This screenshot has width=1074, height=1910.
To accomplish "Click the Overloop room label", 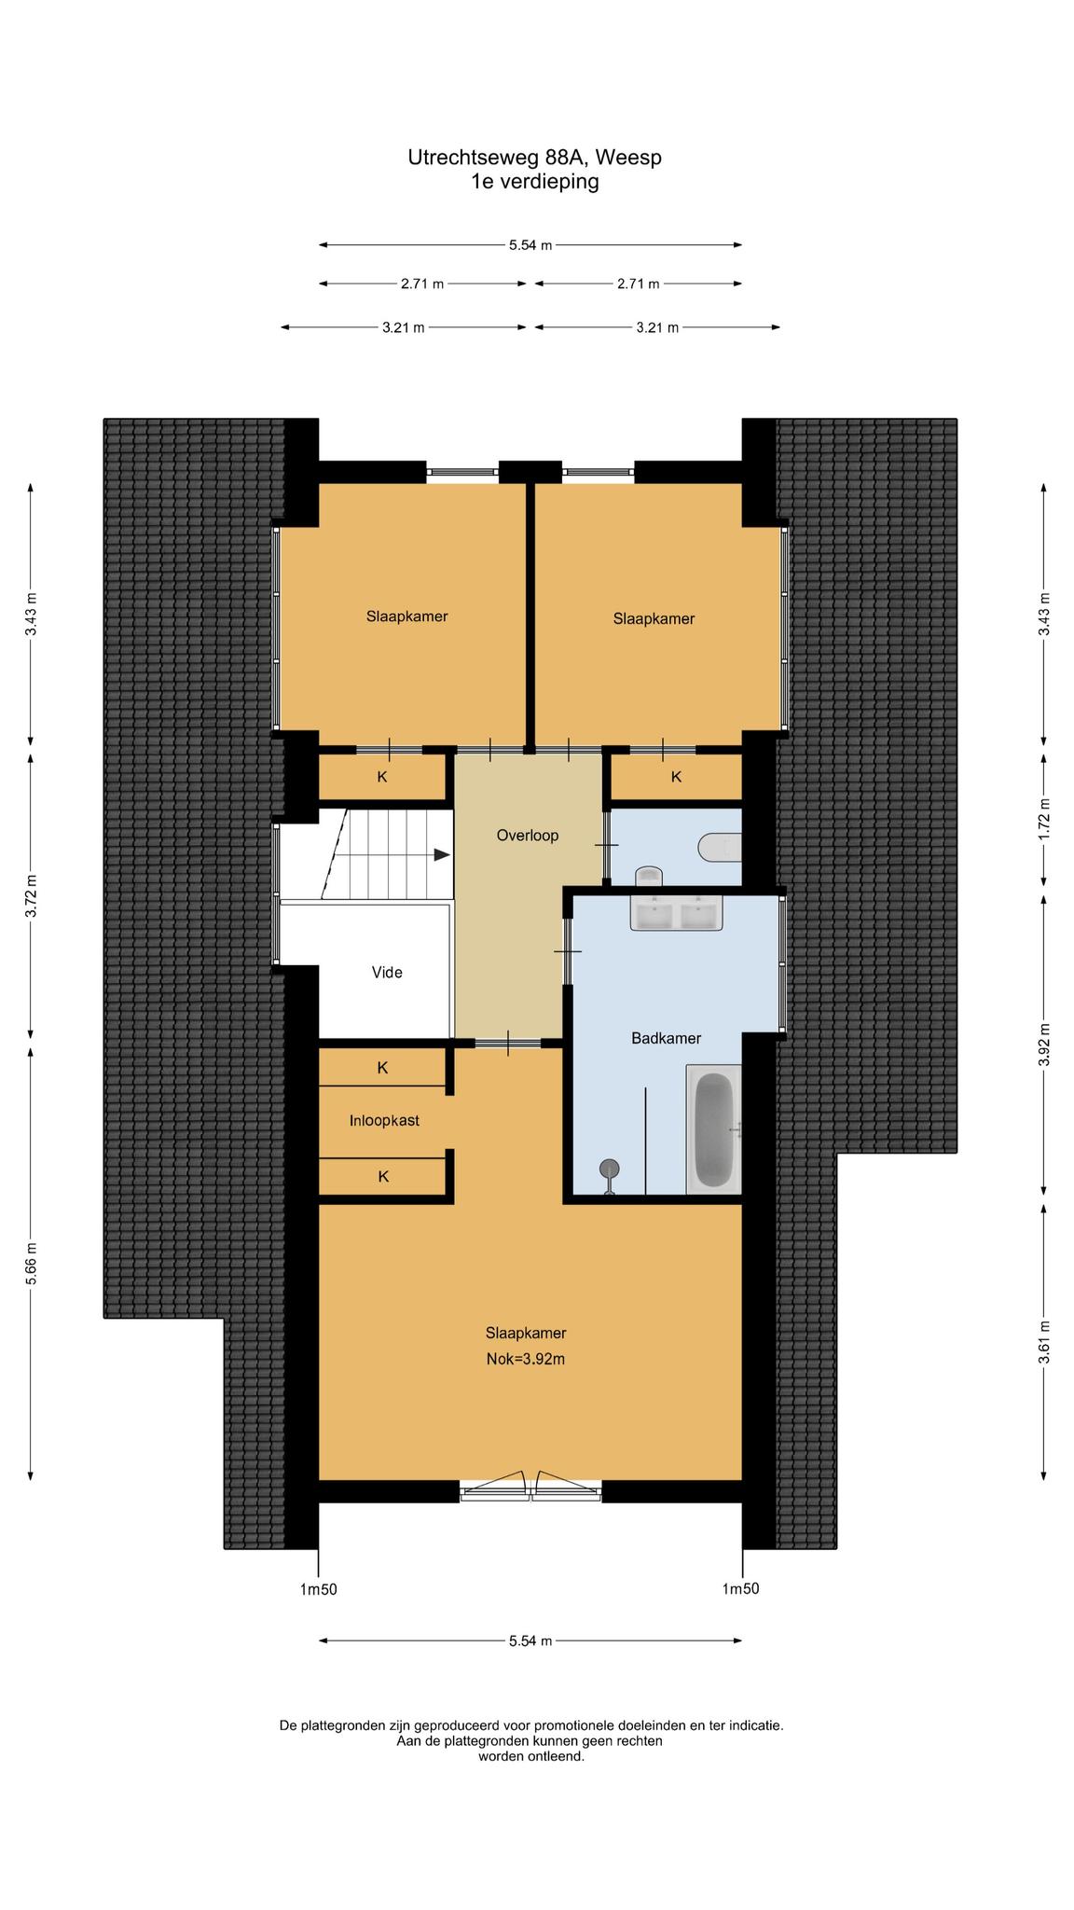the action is click(527, 836).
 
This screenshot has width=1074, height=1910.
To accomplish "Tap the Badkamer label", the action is click(666, 1038).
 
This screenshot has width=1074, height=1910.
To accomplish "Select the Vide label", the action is click(387, 973).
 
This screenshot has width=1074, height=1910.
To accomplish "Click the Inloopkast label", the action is click(384, 1120).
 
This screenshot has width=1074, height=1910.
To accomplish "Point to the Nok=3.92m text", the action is click(526, 1359).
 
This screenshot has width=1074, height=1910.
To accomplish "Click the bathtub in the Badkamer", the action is click(714, 1129).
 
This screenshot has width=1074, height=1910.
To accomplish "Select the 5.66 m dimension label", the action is click(32, 1264).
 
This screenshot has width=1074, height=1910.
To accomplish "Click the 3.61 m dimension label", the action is click(1044, 1342).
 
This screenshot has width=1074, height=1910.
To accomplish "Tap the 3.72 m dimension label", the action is click(32, 895).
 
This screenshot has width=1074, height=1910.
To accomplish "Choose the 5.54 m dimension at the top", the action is click(530, 245).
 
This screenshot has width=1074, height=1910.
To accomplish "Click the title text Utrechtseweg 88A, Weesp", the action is click(535, 158).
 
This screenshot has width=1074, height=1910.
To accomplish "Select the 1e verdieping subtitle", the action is click(535, 182).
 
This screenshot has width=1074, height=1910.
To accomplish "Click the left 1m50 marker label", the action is click(318, 1589).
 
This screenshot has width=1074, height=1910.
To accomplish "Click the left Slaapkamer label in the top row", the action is click(406, 616).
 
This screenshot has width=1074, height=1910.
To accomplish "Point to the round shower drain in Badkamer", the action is click(610, 1168).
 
